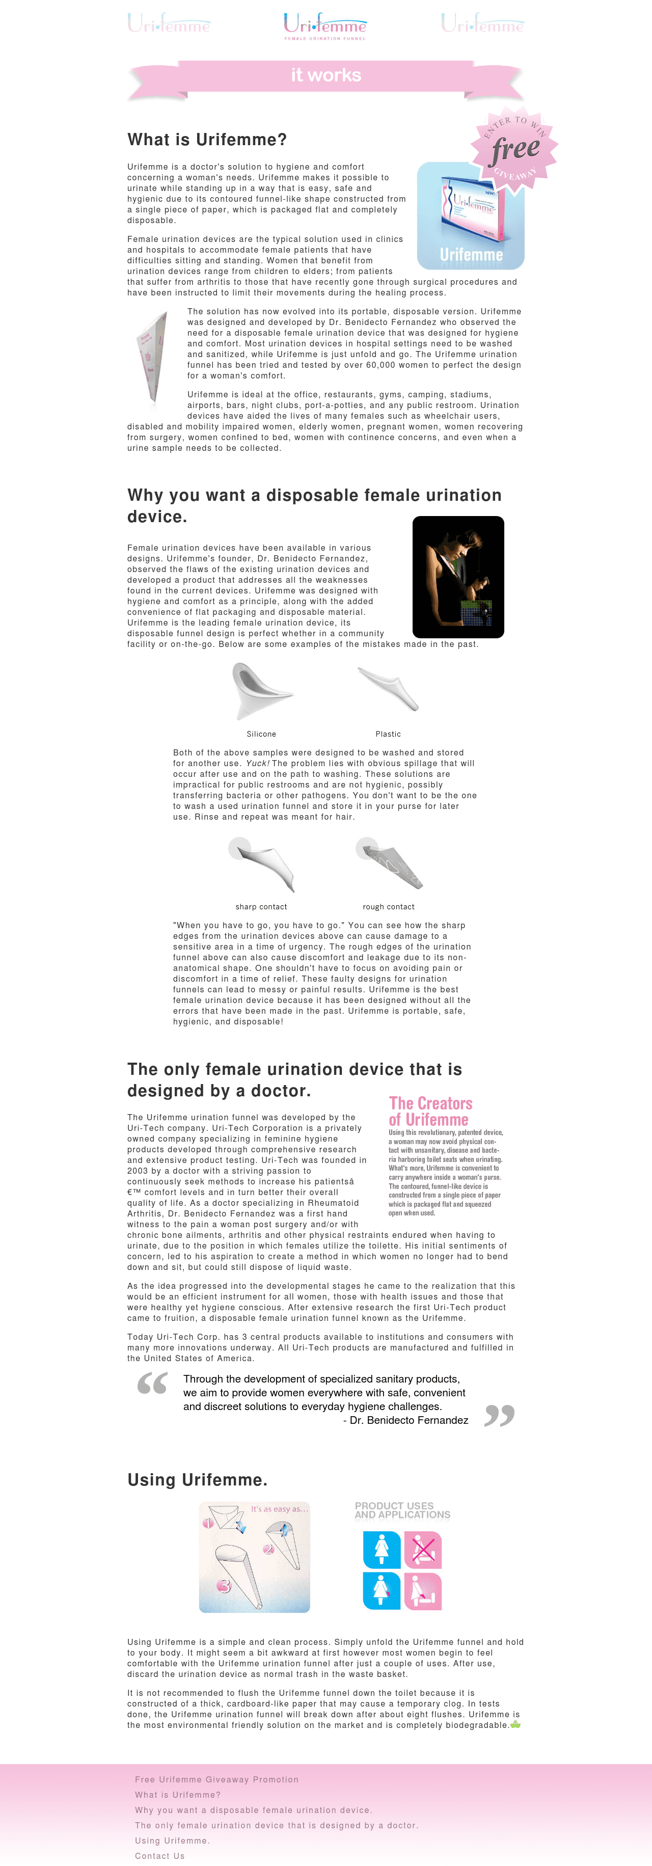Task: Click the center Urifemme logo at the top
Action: (325, 25)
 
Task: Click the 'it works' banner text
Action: (326, 75)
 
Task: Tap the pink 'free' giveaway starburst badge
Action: (515, 149)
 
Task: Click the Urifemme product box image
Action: (470, 216)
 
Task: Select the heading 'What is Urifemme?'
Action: (207, 140)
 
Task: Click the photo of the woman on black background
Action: (458, 577)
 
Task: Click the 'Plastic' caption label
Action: (388, 734)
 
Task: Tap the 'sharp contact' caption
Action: (261, 906)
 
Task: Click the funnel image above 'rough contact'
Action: (389, 863)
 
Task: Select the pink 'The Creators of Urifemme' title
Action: (430, 1111)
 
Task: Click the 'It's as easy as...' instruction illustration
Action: (254, 1557)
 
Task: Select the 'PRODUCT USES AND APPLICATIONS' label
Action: (402, 1510)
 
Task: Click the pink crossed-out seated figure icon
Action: (423, 1550)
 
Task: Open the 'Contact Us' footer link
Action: (159, 1855)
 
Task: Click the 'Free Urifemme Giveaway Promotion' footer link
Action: (216, 1779)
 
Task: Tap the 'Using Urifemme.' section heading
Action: (197, 1479)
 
